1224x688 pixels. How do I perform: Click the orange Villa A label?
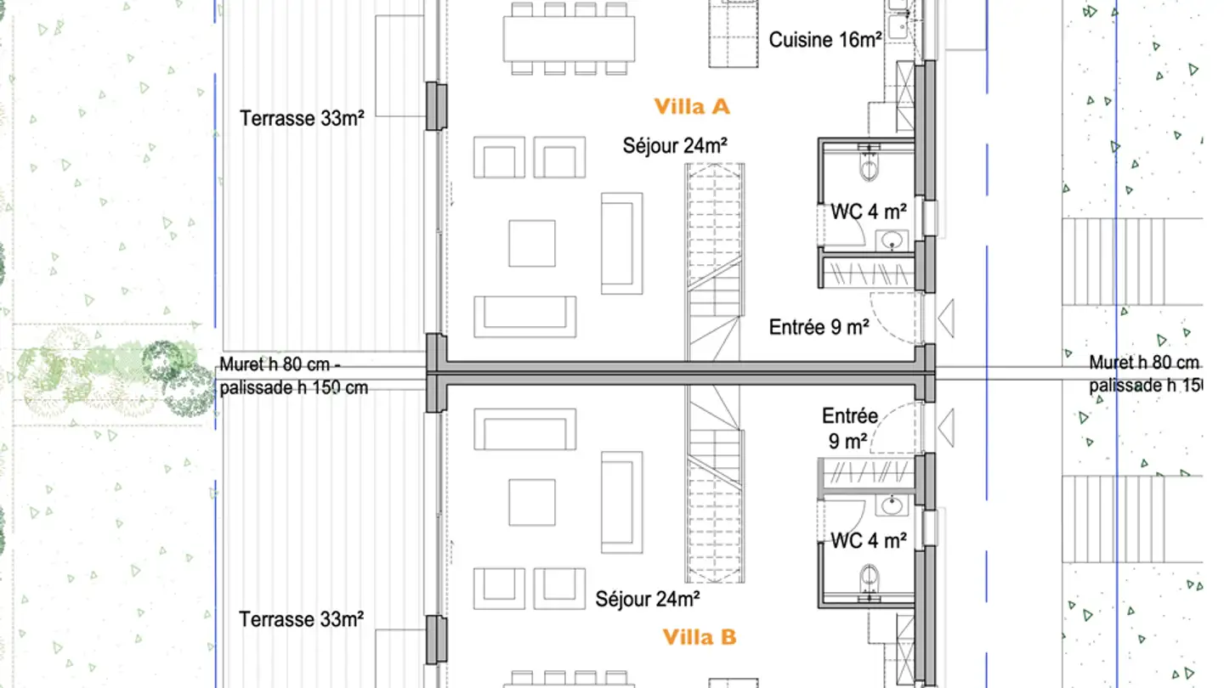(x=692, y=107)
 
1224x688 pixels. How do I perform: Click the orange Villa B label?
(x=699, y=637)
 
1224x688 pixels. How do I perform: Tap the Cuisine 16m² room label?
(x=824, y=39)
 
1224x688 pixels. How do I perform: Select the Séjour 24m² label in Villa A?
(x=675, y=146)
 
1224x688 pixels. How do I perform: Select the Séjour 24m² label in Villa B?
(x=648, y=600)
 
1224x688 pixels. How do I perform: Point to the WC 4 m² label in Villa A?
(x=868, y=211)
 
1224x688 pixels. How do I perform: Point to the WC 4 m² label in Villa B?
(x=868, y=539)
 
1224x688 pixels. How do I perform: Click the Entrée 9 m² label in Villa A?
(x=819, y=327)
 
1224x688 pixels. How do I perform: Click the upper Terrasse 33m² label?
(x=302, y=119)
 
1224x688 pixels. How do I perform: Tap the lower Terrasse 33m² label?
(x=302, y=620)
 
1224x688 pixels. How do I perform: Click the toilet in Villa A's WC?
(x=869, y=166)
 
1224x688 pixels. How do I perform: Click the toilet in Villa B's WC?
(x=869, y=580)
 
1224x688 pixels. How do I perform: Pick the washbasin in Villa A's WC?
(x=892, y=240)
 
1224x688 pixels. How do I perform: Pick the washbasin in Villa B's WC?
(x=892, y=506)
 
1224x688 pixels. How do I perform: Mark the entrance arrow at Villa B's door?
(x=944, y=429)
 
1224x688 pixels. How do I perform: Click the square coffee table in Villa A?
(x=532, y=243)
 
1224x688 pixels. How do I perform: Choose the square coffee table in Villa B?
(x=532, y=502)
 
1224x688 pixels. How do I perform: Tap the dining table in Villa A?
(x=569, y=39)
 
